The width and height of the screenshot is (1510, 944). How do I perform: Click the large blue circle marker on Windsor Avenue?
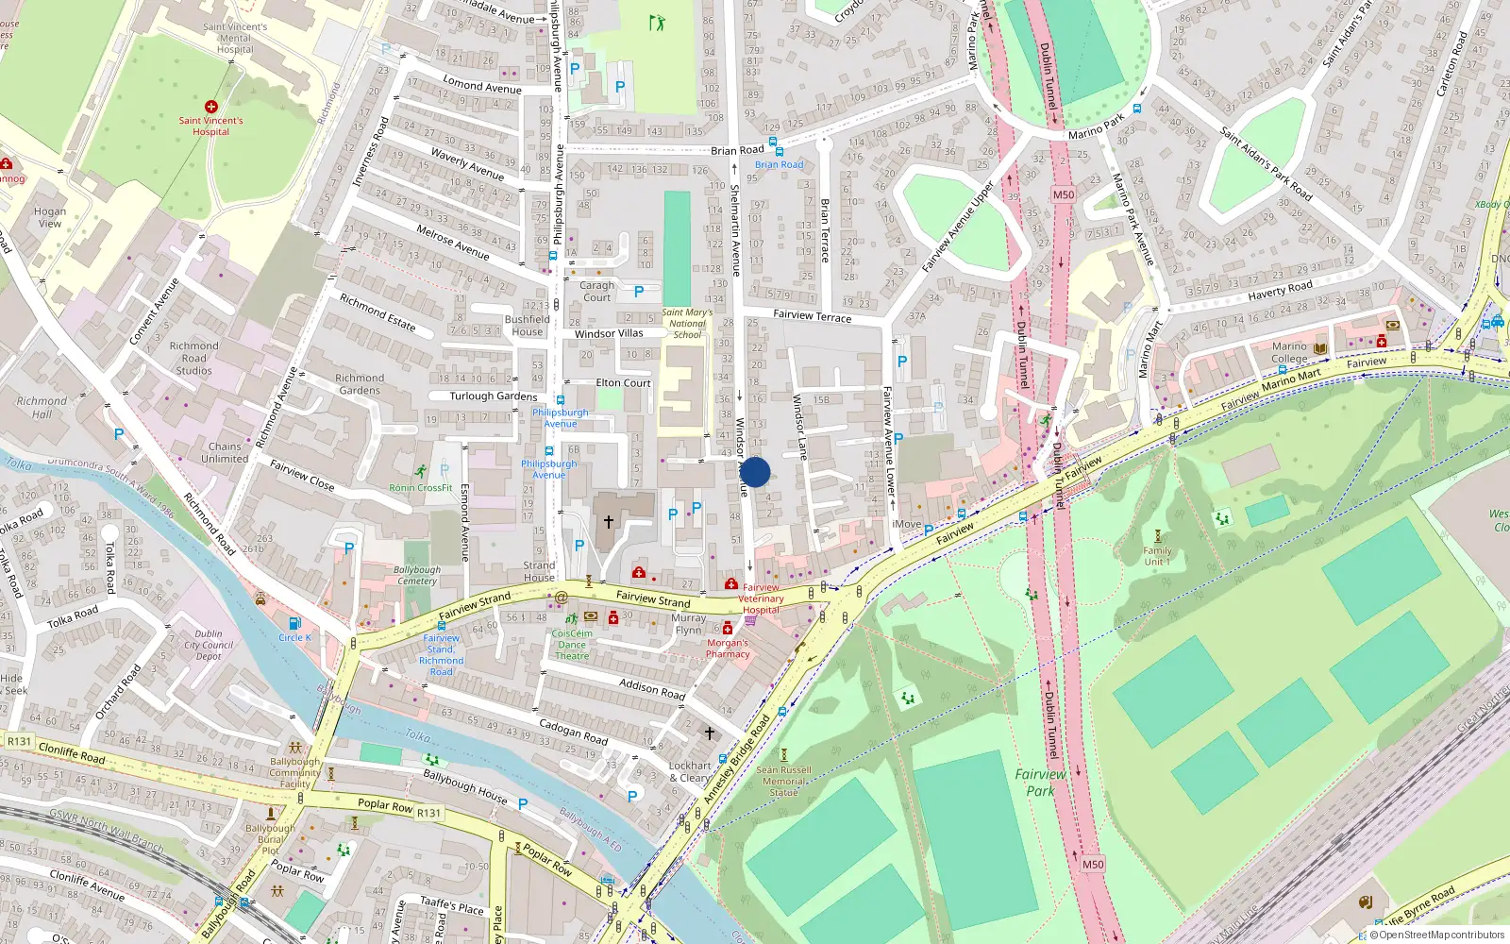[x=754, y=472]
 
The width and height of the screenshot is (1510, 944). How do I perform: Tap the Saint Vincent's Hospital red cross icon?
[x=211, y=107]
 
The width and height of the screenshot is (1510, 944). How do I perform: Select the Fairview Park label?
[x=1040, y=783]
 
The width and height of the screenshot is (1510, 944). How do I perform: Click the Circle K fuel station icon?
[x=294, y=623]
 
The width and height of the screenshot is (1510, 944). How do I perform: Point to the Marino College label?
[x=1289, y=352]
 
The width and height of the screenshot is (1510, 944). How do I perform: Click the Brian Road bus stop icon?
[x=774, y=143]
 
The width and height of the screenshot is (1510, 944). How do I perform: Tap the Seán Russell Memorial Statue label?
[x=783, y=781]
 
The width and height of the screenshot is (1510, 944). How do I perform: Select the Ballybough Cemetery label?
[x=417, y=575]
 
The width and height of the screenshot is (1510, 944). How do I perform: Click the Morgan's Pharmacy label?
[x=728, y=648]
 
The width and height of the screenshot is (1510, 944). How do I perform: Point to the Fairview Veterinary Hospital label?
[x=761, y=598]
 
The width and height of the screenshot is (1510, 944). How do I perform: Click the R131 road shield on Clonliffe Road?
[x=19, y=741]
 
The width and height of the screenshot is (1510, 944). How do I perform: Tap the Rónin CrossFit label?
[x=421, y=488]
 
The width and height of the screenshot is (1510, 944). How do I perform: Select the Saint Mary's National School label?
[x=687, y=323]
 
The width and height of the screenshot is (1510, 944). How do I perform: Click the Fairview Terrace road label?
[x=812, y=316]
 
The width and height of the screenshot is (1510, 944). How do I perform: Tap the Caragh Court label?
[x=596, y=291]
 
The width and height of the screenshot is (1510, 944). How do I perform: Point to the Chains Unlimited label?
[x=225, y=452]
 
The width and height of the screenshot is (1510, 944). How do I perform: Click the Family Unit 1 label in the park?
[x=1157, y=556]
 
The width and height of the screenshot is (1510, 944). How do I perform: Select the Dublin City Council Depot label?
[x=209, y=645]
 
